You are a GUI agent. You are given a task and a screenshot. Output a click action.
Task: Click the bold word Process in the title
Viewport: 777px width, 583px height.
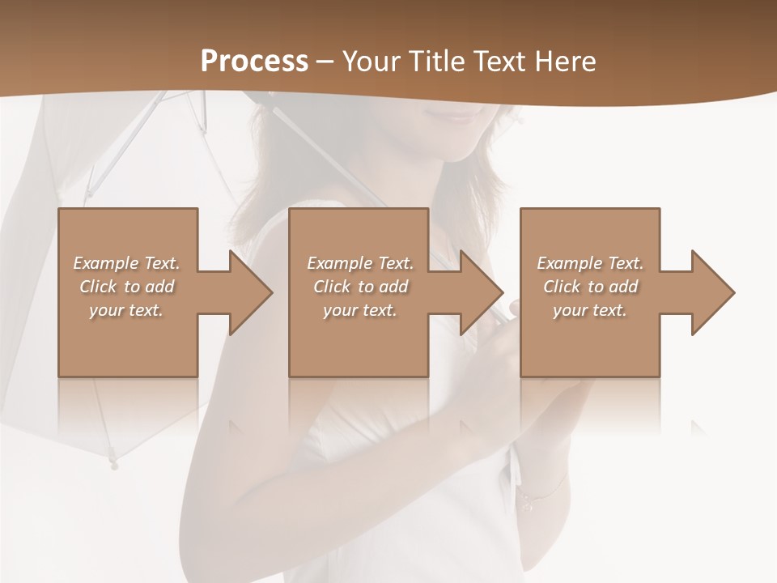pyautogui.click(x=254, y=62)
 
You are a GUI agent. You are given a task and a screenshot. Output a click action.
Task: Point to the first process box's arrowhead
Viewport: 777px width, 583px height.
pyautogui.click(x=247, y=292)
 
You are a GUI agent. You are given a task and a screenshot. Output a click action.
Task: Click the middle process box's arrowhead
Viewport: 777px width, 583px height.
pyautogui.click(x=478, y=292)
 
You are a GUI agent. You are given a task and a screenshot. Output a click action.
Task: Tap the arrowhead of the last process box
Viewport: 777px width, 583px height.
pyautogui.click(x=709, y=292)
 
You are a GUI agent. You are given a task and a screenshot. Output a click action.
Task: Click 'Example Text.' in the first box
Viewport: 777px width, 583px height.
pyautogui.click(x=126, y=263)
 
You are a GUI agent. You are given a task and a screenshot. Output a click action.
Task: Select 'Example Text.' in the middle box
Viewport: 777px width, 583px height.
pyautogui.click(x=359, y=263)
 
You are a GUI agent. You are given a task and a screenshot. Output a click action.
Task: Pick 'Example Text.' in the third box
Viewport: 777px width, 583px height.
pyautogui.click(x=590, y=263)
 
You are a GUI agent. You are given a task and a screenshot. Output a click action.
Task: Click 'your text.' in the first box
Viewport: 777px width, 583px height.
pyautogui.click(x=126, y=310)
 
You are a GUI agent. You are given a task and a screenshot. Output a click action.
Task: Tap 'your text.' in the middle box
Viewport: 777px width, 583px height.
pyautogui.click(x=359, y=310)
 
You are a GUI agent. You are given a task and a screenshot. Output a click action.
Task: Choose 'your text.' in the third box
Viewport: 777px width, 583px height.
pyautogui.click(x=590, y=310)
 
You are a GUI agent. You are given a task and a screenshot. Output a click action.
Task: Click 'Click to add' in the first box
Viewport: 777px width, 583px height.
pyautogui.click(x=126, y=287)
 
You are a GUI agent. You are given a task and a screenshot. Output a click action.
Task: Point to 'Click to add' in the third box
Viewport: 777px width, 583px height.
pyautogui.click(x=590, y=287)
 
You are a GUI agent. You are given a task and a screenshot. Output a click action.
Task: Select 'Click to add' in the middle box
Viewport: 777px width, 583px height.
pyautogui.click(x=359, y=287)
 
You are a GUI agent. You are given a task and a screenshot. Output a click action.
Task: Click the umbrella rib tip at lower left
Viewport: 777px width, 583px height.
pyautogui.click(x=114, y=464)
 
